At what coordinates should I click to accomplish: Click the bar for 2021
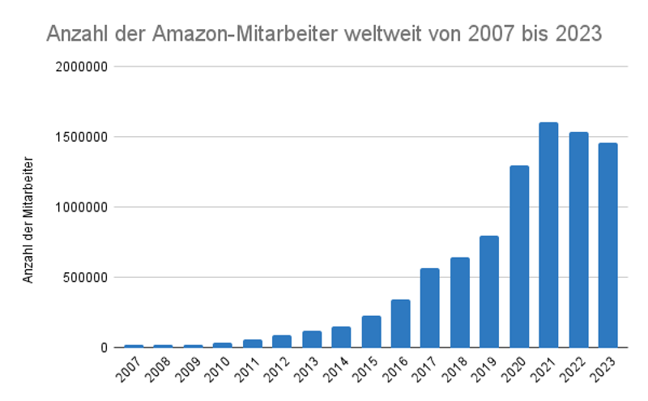coord(548,235)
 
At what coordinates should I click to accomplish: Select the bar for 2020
coord(519,256)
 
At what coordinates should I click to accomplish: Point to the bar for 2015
coord(371,331)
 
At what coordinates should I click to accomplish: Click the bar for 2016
coord(400,323)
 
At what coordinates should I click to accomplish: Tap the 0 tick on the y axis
coord(104,348)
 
